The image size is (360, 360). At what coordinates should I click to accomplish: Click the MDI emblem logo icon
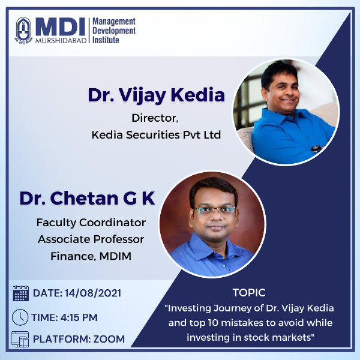click(x=23, y=30)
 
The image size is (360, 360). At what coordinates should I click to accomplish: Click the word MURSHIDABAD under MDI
click(x=61, y=40)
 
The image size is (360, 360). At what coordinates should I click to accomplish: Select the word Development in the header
click(x=114, y=31)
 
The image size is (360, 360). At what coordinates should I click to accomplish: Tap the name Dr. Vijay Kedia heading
click(x=157, y=95)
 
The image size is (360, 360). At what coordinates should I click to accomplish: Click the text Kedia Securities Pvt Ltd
click(x=156, y=135)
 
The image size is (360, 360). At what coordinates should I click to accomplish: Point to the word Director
click(x=155, y=118)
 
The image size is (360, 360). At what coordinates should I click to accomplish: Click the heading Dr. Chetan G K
click(x=87, y=198)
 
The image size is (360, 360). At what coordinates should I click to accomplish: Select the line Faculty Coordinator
click(x=91, y=223)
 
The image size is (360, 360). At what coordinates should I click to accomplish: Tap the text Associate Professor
click(x=91, y=239)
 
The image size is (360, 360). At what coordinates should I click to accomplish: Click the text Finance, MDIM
click(x=91, y=256)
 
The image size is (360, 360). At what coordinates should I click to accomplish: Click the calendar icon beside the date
click(x=20, y=293)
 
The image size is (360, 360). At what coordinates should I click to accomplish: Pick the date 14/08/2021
click(x=93, y=293)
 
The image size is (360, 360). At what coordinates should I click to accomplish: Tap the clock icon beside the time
click(x=20, y=317)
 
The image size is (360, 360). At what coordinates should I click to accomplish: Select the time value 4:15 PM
click(x=79, y=317)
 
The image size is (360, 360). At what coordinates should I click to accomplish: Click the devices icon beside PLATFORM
click(x=20, y=339)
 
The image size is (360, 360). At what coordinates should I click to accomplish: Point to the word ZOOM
click(x=109, y=339)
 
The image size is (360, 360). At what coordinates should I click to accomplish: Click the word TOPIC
click(x=249, y=293)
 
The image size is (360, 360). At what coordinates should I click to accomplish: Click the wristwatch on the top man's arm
click(x=316, y=148)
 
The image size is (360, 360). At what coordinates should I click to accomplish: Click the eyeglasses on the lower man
click(x=214, y=210)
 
